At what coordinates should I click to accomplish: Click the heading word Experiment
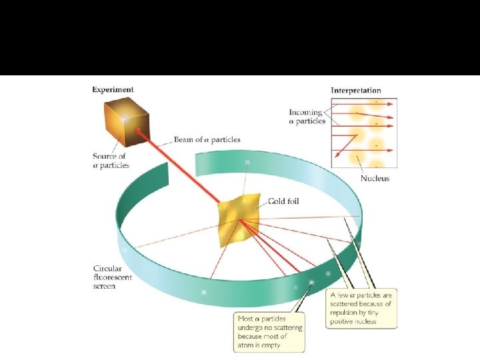(113, 89)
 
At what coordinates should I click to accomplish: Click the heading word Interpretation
(356, 90)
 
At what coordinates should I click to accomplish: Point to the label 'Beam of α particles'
(207, 139)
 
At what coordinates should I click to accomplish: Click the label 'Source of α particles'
(111, 161)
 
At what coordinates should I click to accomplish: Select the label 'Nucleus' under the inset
(375, 179)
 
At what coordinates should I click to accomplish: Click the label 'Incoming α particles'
(307, 117)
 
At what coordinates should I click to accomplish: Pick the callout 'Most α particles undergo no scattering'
(270, 327)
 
